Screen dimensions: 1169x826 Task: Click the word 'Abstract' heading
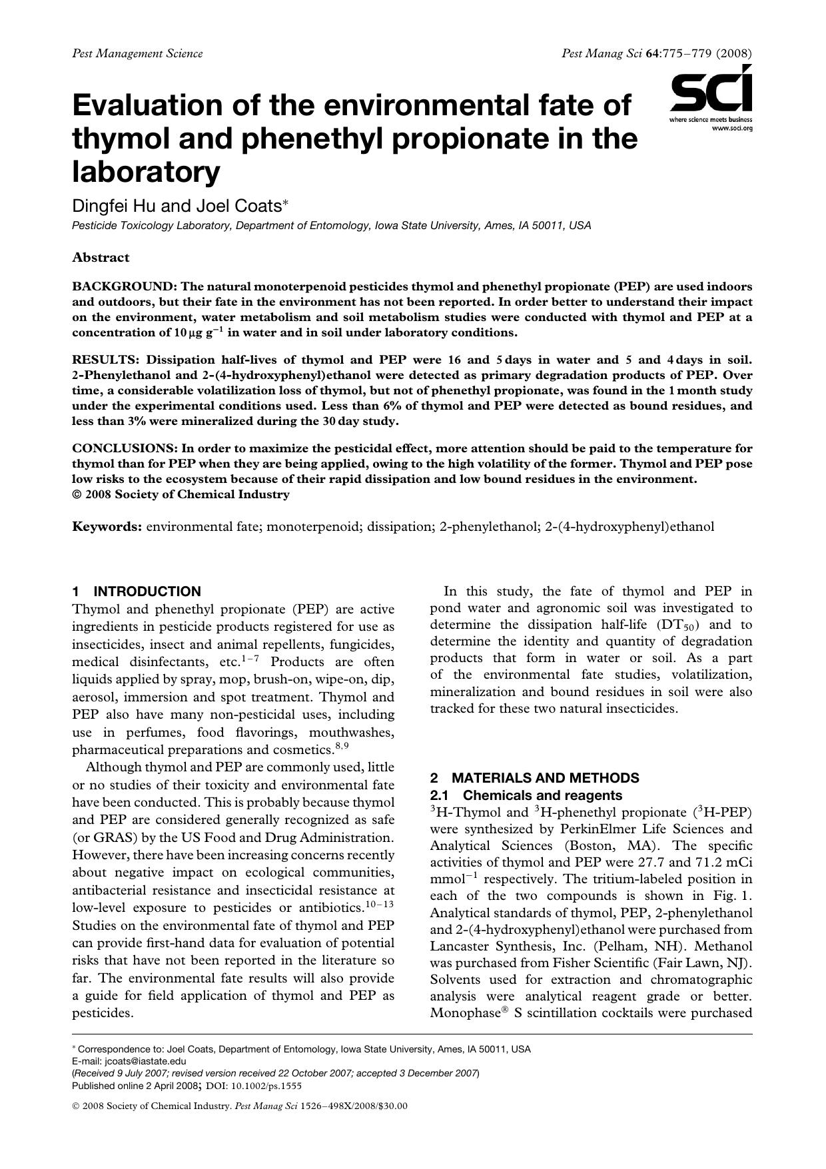101,258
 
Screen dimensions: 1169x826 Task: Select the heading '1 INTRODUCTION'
137,591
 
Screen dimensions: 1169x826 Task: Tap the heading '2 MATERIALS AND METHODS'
534,778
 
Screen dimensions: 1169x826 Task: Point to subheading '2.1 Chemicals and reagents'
526,795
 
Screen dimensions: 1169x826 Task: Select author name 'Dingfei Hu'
114,206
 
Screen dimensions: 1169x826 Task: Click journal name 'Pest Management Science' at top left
137,53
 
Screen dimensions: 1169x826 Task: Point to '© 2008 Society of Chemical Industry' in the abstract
181,494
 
